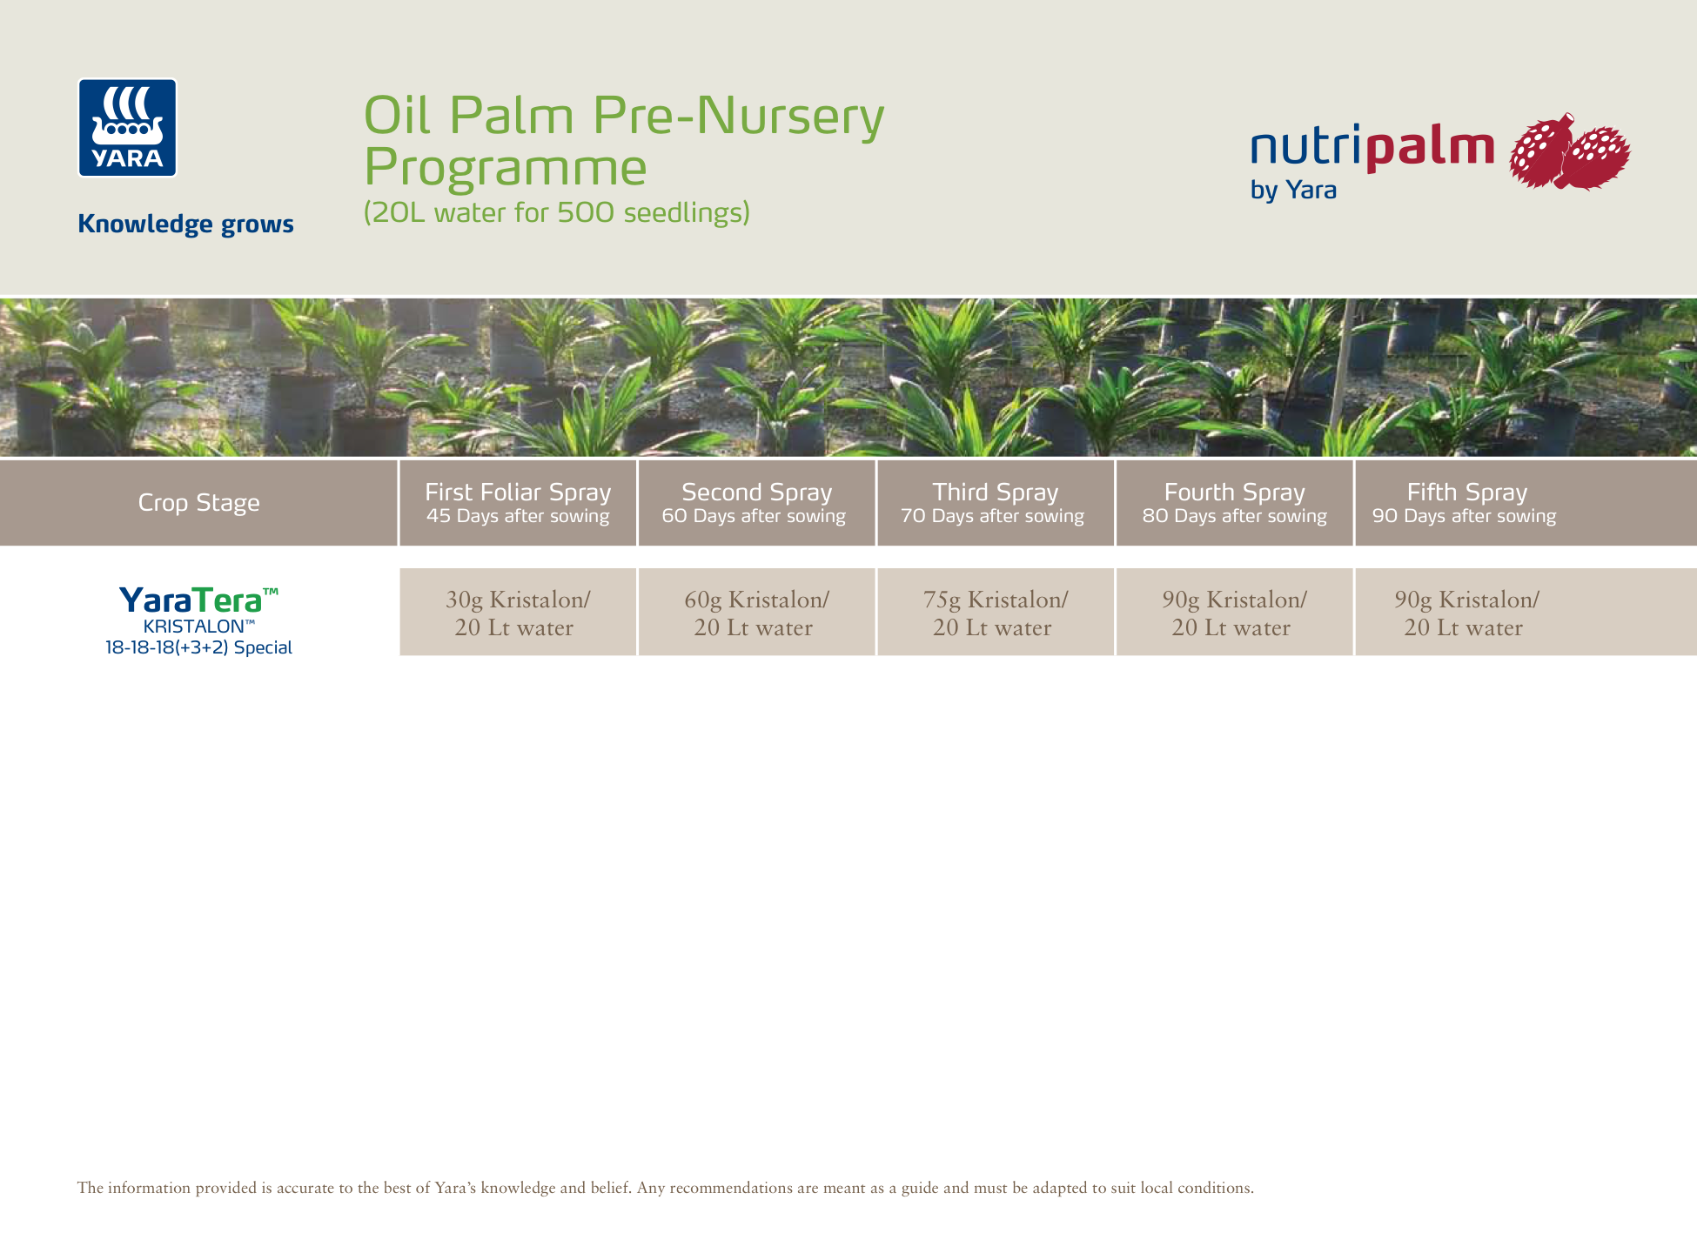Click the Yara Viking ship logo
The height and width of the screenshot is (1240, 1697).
click(x=127, y=128)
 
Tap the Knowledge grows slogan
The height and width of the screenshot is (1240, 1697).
click(x=185, y=224)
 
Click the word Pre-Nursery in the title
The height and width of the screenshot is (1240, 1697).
click(x=738, y=116)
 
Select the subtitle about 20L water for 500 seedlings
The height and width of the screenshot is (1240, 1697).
click(x=556, y=212)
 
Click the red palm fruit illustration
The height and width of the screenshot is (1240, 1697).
click(x=1569, y=151)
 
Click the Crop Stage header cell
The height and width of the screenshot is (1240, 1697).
click(x=198, y=503)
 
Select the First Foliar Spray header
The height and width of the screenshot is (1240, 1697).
click(x=518, y=492)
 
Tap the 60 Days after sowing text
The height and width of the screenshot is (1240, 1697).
click(x=754, y=516)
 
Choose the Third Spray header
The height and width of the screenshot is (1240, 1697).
click(x=995, y=493)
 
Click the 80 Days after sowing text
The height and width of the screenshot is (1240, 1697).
click(x=1234, y=516)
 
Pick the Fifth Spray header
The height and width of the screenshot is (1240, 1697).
click(x=1466, y=493)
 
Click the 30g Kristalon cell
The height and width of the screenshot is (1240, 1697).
click(x=517, y=613)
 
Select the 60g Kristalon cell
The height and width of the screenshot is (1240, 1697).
click(x=755, y=613)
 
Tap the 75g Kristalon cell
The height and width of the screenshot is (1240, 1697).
click(x=995, y=613)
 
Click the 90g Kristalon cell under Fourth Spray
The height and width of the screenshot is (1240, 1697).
click(x=1233, y=613)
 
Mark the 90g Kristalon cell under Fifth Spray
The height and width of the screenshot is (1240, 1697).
click(x=1466, y=613)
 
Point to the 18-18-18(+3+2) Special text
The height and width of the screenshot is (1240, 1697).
click(x=198, y=647)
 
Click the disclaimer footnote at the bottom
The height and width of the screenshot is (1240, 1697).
click(x=665, y=1188)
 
